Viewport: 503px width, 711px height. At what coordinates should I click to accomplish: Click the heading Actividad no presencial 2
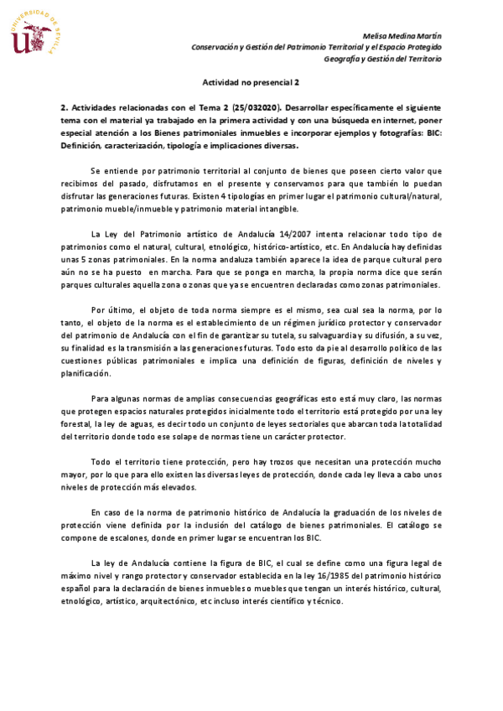[x=251, y=83]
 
